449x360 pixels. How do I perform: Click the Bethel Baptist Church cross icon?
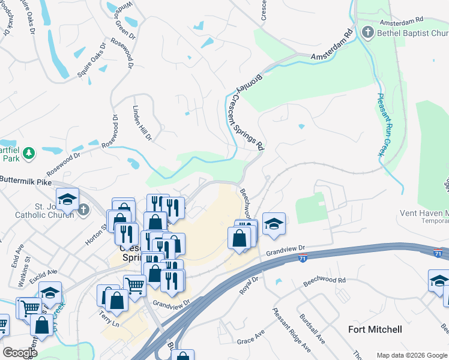point(368,32)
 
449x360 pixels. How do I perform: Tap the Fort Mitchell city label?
point(375,329)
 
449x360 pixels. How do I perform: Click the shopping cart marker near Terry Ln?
point(134,286)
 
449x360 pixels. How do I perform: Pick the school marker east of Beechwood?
point(274,224)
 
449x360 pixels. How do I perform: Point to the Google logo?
point(20,353)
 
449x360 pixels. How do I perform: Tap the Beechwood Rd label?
point(325,281)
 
